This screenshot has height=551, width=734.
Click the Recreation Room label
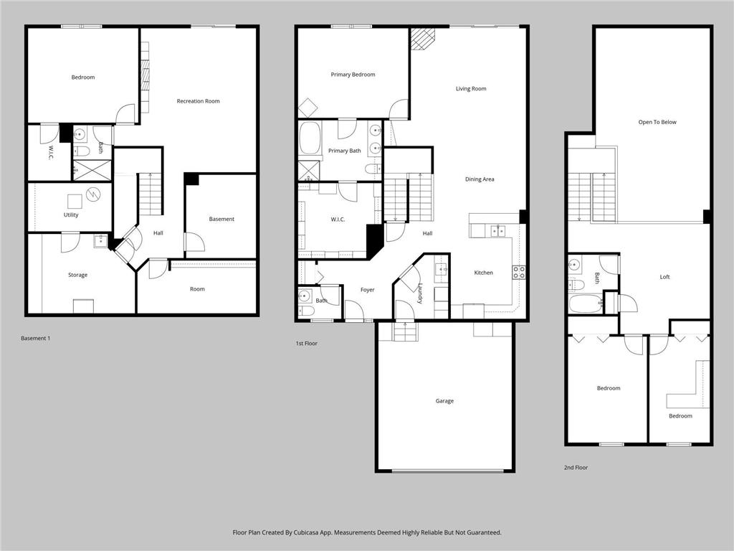pyautogui.click(x=198, y=101)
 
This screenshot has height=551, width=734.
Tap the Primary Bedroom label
pyautogui.click(x=353, y=75)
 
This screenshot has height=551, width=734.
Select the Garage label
pyautogui.click(x=444, y=401)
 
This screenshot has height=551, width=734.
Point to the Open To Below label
pyautogui.click(x=657, y=122)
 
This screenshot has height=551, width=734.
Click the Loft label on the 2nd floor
pyautogui.click(x=664, y=277)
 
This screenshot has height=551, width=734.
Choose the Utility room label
pyautogui.click(x=71, y=215)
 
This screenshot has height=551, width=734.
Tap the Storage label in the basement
pyautogui.click(x=77, y=275)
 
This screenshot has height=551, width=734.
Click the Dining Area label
pyautogui.click(x=480, y=179)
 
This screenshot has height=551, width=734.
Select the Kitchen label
pyautogui.click(x=483, y=273)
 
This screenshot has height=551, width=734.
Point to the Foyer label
pyautogui.click(x=367, y=290)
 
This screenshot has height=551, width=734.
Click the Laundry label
pyautogui.click(x=420, y=293)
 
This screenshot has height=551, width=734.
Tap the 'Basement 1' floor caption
pyautogui.click(x=36, y=338)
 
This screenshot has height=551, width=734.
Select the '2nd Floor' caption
pyautogui.click(x=576, y=467)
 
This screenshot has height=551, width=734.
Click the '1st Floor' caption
pyautogui.click(x=306, y=344)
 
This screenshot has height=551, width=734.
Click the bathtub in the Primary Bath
pyautogui.click(x=310, y=138)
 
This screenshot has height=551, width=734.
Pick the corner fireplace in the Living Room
pyautogui.click(x=423, y=38)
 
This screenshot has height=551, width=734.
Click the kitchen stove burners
pyautogui.click(x=518, y=272)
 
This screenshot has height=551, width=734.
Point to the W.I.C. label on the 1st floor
pyautogui.click(x=338, y=219)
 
